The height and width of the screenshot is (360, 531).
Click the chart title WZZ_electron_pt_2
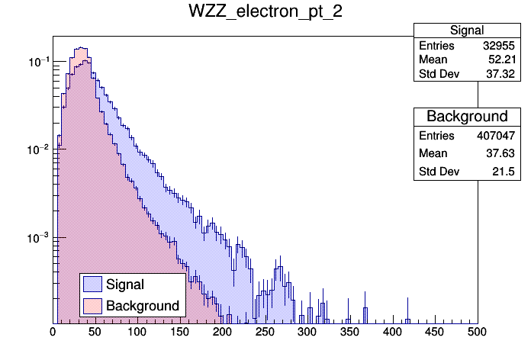[x=264, y=14]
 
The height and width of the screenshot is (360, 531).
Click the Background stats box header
[x=466, y=117]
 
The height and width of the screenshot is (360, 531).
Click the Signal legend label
[x=125, y=284]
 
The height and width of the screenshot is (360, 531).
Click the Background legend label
[x=143, y=306]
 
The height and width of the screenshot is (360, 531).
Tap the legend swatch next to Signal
[x=93, y=284]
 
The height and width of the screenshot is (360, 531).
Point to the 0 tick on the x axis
[x=53, y=333]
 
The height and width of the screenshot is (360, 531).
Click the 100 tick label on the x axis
[x=137, y=333]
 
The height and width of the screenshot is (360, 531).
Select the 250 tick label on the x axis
[x=265, y=333]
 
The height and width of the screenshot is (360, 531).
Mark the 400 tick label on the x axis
[x=392, y=333]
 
